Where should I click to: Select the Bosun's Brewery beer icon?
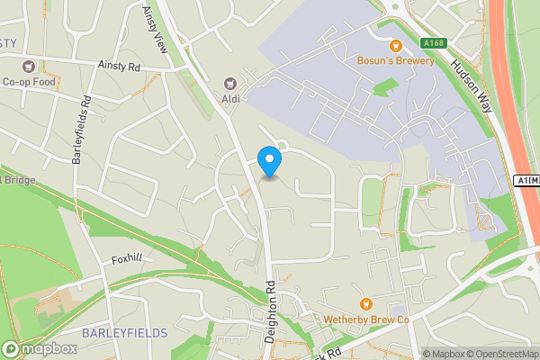coord(393,46)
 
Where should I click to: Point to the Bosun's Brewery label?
coord(393,61)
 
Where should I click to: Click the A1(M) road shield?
coord(528,181)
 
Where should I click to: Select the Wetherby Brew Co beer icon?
coord(365,304)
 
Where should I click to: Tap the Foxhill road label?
coord(127,258)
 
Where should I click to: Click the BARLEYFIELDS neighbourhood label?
coord(124,333)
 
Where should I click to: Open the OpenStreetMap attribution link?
coord(499,354)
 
